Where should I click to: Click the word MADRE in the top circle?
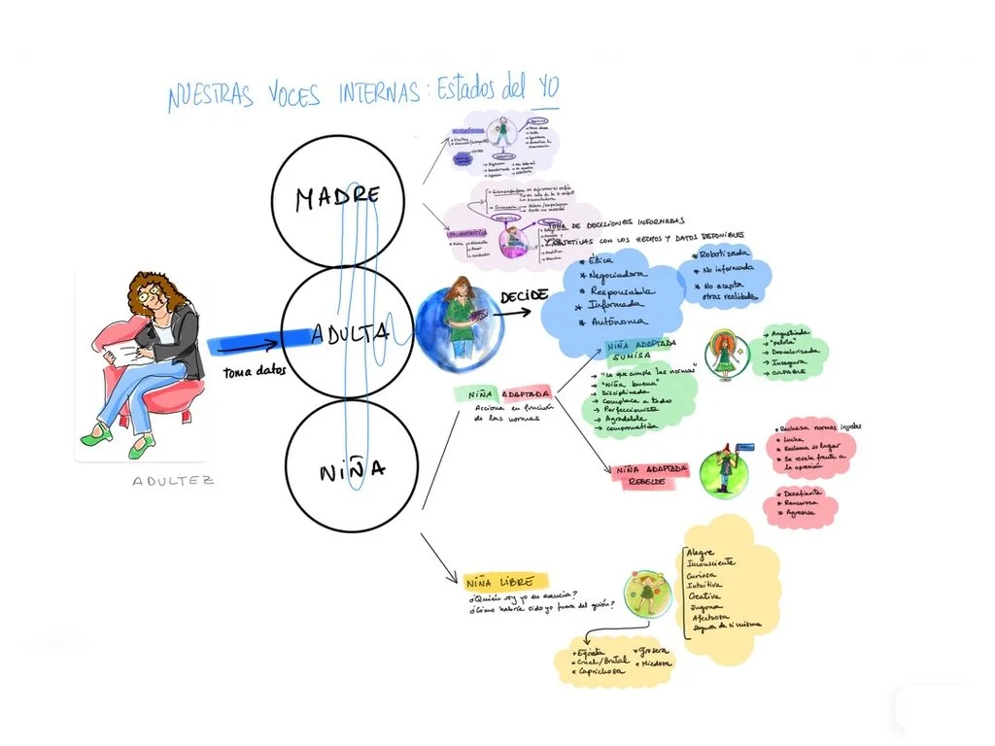[337, 197]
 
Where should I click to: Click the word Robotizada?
[726, 254]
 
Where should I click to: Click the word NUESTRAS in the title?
[210, 97]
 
